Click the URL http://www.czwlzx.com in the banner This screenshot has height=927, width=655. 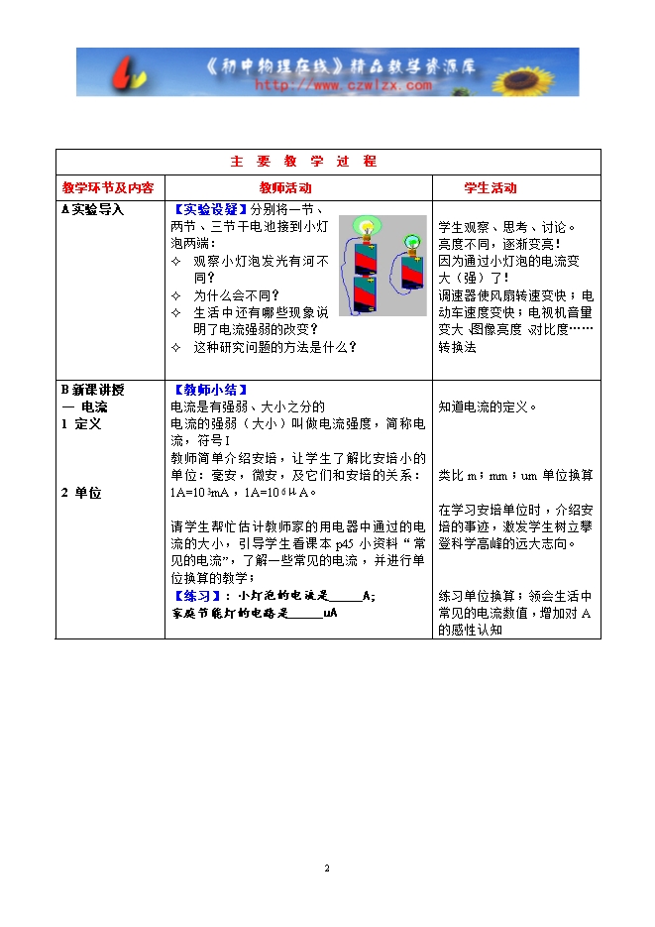[343, 85]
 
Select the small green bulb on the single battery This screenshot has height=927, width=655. [411, 240]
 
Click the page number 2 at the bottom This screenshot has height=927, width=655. [327, 869]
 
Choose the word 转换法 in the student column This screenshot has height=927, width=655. [457, 348]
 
